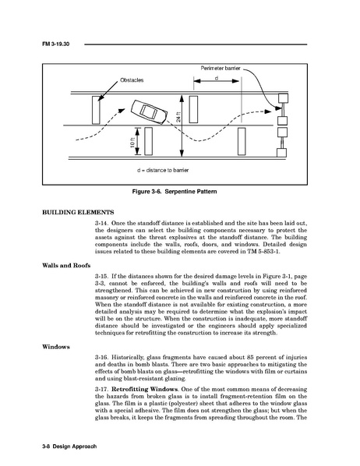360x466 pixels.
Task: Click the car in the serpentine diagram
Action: pyautogui.click(x=150, y=112)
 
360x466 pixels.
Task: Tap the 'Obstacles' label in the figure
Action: pyautogui.click(x=132, y=80)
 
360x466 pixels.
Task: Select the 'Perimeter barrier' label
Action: pyautogui.click(x=221, y=69)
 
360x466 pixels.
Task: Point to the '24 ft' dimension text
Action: pyautogui.click(x=178, y=117)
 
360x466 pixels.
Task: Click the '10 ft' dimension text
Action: pyautogui.click(x=132, y=142)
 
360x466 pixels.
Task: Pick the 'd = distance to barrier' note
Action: pyautogui.click(x=163, y=171)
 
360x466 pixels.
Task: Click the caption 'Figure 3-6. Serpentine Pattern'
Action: pyautogui.click(x=175, y=192)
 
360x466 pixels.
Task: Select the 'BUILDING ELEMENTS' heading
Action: pyautogui.click(x=78, y=213)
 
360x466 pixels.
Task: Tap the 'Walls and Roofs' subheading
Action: pyautogui.click(x=66, y=266)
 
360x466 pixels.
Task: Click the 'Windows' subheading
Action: pyautogui.click(x=56, y=347)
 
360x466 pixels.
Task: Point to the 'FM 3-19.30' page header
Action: pyautogui.click(x=55, y=44)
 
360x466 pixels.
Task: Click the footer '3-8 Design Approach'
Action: pyautogui.click(x=69, y=447)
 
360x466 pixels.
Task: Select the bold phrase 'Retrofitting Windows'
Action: pyautogui.click(x=144, y=390)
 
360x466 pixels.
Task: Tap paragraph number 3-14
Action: pyautogui.click(x=101, y=223)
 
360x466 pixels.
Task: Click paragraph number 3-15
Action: pyautogui.click(x=101, y=277)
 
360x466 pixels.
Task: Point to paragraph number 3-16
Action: pyautogui.click(x=101, y=358)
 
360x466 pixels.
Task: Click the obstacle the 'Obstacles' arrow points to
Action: pyautogui.click(x=96, y=110)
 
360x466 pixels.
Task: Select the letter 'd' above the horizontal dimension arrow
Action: pyautogui.click(x=217, y=78)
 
